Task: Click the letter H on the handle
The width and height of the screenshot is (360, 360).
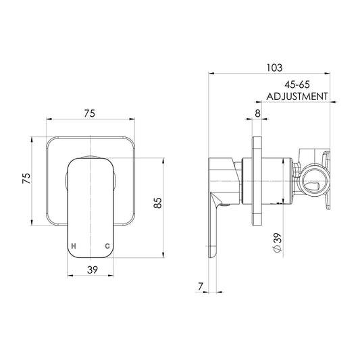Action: pyautogui.click(x=74, y=246)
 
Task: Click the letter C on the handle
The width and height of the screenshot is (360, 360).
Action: pyautogui.click(x=107, y=246)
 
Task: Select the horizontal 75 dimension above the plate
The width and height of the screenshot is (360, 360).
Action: pyautogui.click(x=89, y=113)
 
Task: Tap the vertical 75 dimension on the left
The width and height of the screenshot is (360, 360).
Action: pyautogui.click(x=26, y=178)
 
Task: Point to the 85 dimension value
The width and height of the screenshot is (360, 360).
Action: pyautogui.click(x=158, y=203)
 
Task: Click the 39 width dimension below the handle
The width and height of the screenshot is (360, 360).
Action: pyautogui.click(x=93, y=269)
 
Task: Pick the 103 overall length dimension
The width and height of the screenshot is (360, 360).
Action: pyautogui.click(x=274, y=68)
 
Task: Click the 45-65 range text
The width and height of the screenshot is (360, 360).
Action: pyautogui.click(x=297, y=84)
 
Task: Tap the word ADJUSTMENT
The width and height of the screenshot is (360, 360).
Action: pyautogui.click(x=297, y=96)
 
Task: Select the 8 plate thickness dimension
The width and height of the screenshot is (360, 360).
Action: pyautogui.click(x=258, y=113)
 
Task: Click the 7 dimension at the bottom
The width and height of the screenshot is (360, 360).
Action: pyautogui.click(x=201, y=286)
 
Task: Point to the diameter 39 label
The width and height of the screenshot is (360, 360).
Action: pyautogui.click(x=278, y=242)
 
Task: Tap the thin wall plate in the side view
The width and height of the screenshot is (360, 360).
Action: pyautogui.click(x=257, y=181)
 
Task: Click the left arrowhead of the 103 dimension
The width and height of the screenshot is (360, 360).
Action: pyautogui.click(x=211, y=74)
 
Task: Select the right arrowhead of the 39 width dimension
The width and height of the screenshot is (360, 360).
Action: pyautogui.click(x=111, y=276)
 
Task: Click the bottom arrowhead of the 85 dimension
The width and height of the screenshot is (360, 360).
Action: pyautogui.click(x=163, y=255)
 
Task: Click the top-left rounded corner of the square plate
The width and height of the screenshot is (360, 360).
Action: pyautogui.click(x=49, y=140)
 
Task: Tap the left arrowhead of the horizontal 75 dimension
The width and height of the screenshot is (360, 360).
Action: pyautogui.click(x=49, y=119)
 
